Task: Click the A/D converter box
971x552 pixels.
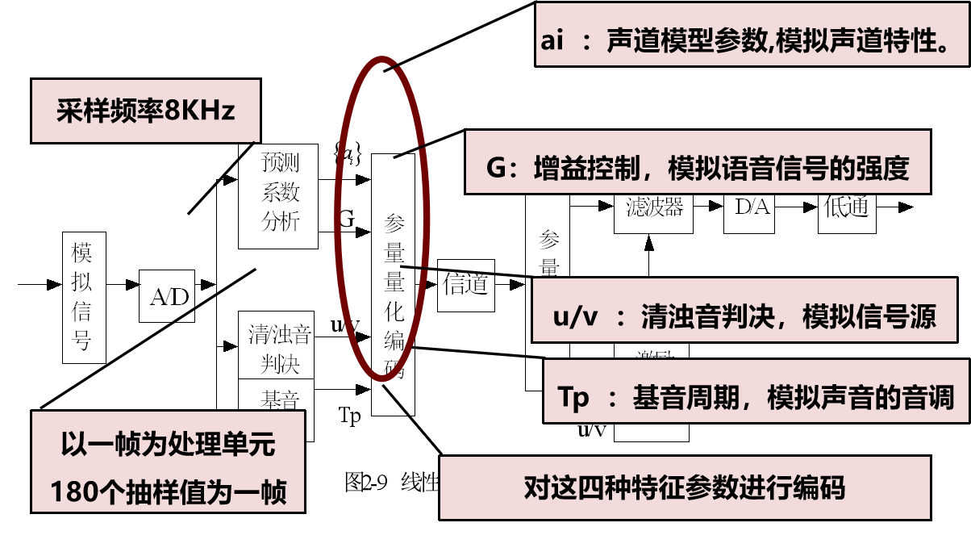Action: tap(167, 296)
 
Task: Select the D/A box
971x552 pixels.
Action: tap(752, 207)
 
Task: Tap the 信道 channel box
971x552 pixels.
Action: tap(465, 284)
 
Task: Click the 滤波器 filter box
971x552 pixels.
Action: tap(653, 208)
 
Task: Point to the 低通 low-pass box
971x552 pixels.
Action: tap(846, 207)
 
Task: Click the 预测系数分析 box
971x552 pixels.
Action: tap(279, 194)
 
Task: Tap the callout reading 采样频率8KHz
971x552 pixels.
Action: tap(146, 110)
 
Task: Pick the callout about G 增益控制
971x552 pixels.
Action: tap(698, 167)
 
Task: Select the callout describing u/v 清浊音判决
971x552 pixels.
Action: tap(744, 316)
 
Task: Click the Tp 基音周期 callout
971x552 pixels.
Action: tap(756, 396)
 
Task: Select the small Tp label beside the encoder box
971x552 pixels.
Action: tap(349, 416)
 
